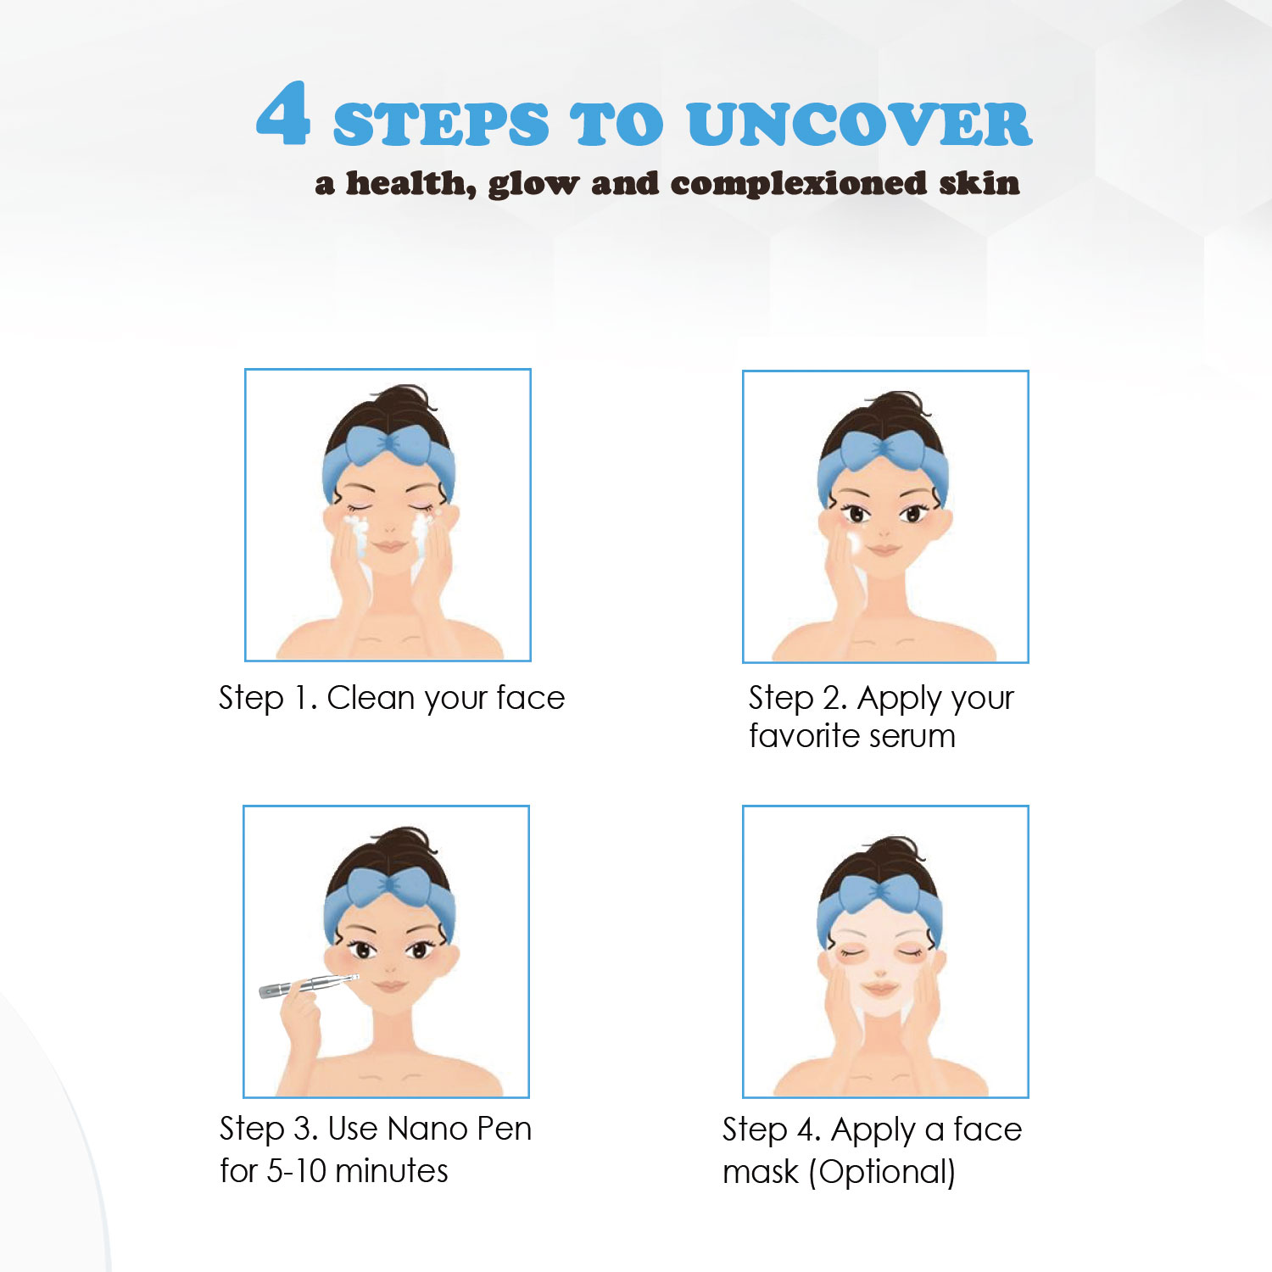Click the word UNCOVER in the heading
859,124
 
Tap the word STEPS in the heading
441,124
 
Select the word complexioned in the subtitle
799,184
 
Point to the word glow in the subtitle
533,184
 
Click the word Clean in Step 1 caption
371,698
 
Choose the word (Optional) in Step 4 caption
882,1173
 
